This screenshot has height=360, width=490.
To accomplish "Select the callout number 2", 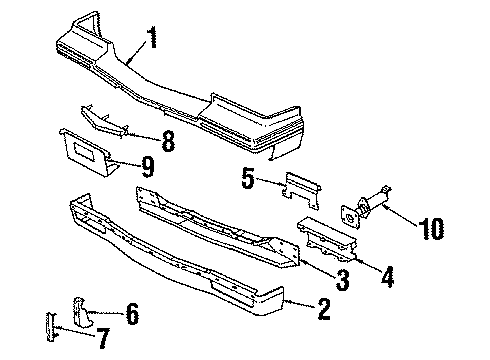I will [x=322, y=311].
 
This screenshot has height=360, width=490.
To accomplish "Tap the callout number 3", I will [x=342, y=281].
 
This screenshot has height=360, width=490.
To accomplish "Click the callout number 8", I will [x=167, y=141].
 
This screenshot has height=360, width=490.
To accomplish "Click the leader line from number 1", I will [x=138, y=56].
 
